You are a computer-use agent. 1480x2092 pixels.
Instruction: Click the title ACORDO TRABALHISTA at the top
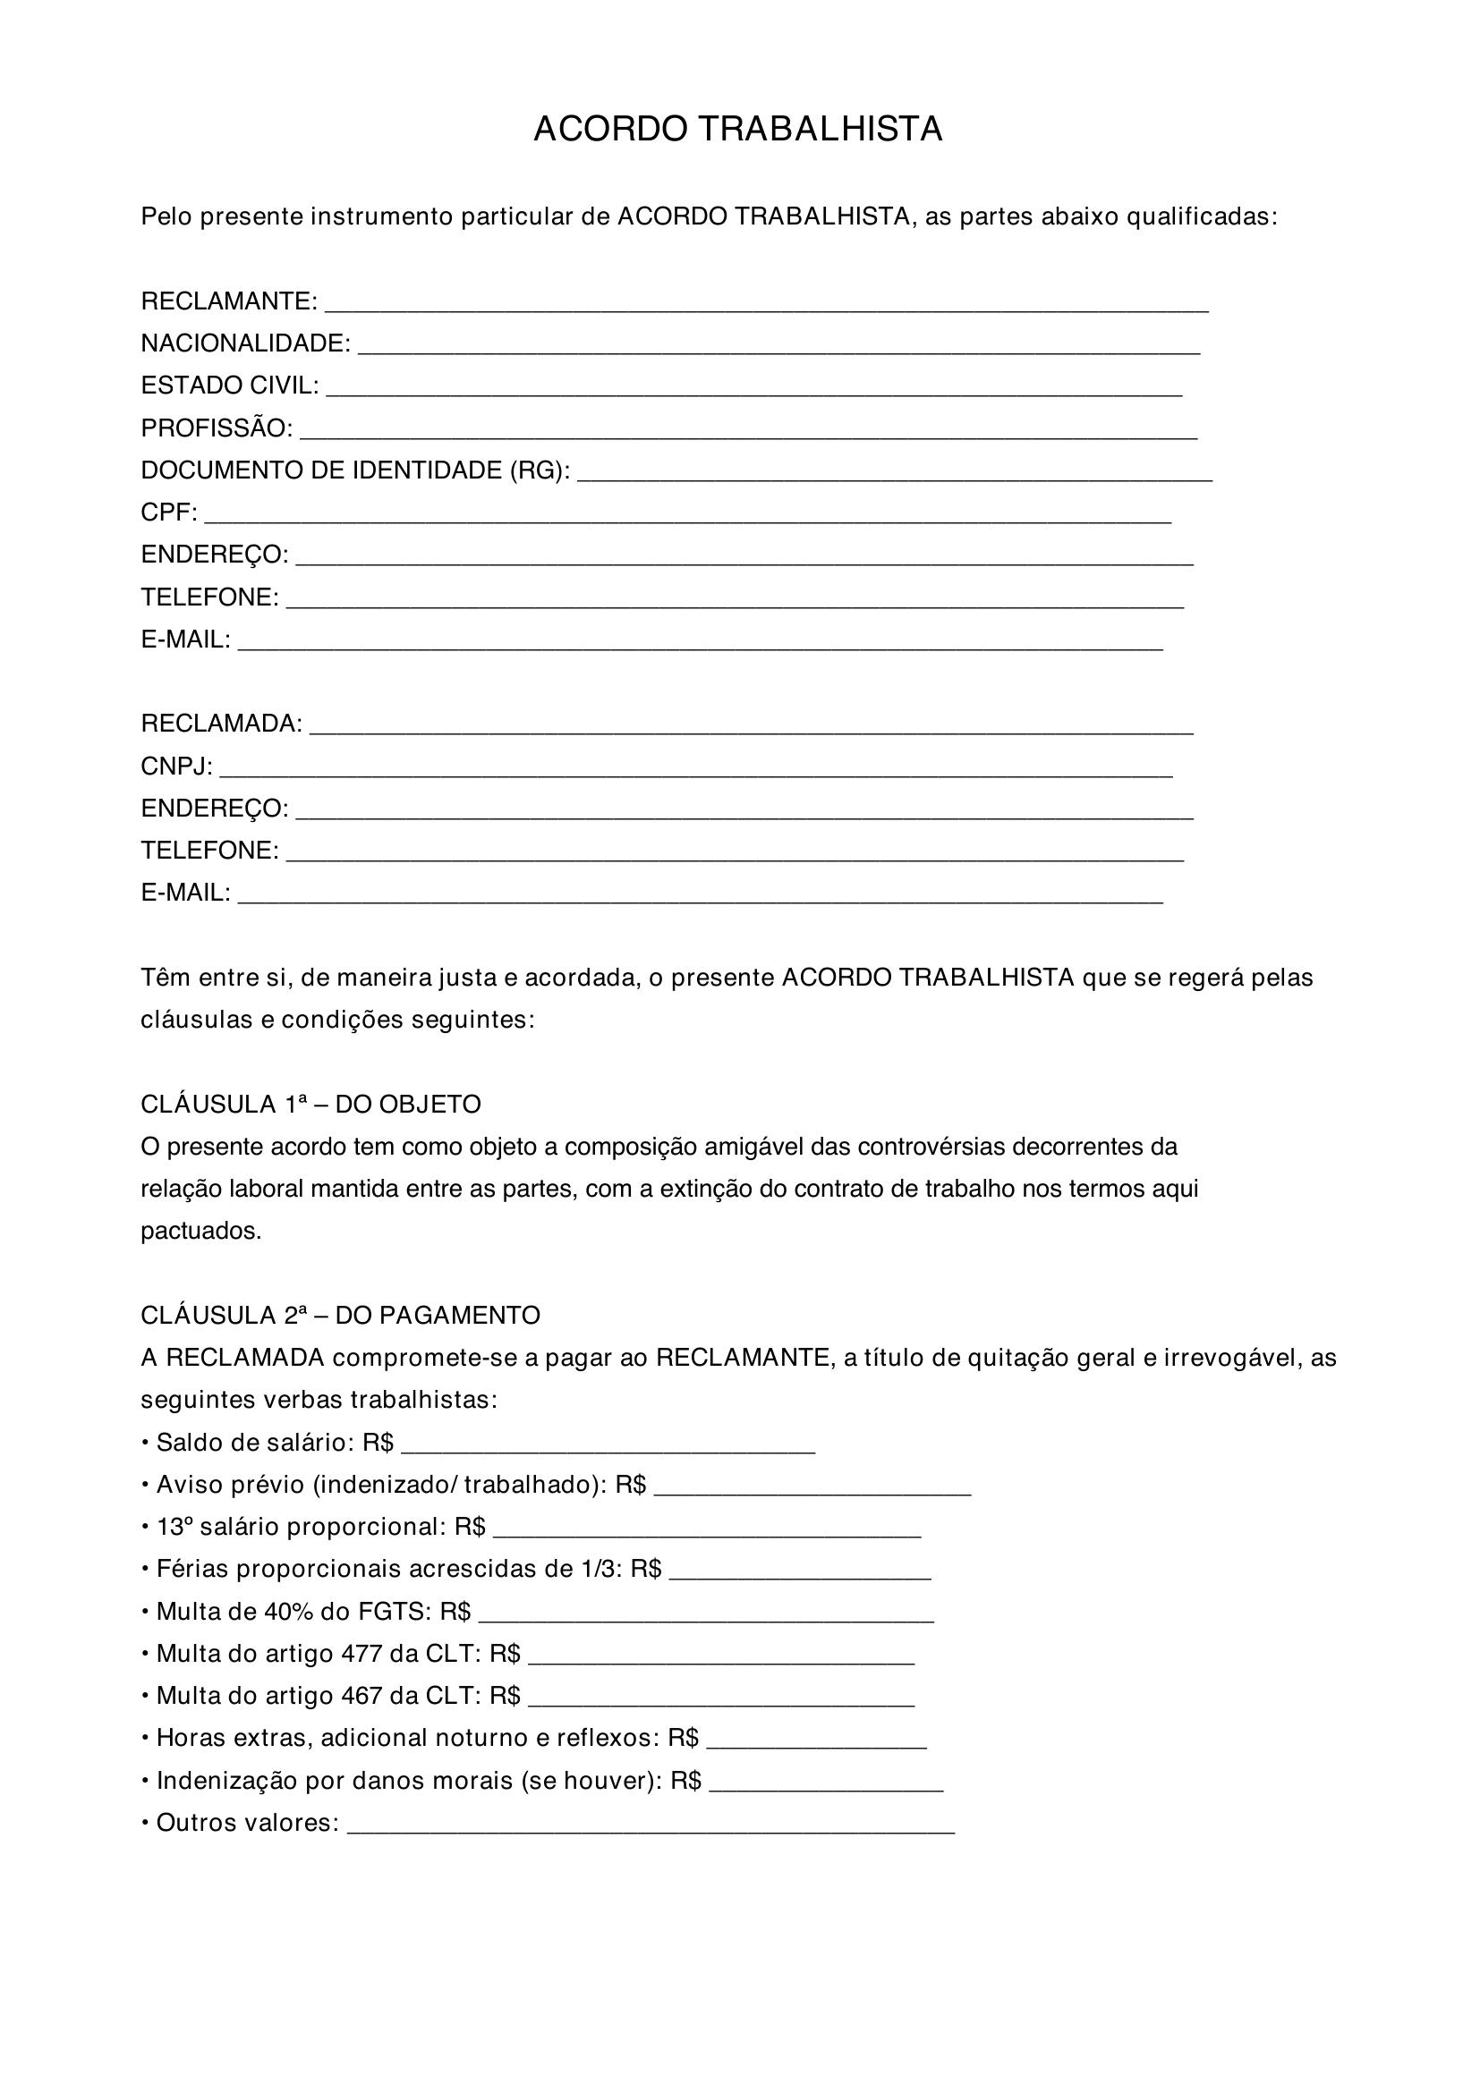point(738,131)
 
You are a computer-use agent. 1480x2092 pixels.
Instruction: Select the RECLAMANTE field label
point(229,301)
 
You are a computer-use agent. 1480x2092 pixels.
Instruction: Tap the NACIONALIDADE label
point(245,343)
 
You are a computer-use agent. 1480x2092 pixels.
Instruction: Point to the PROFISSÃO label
point(217,428)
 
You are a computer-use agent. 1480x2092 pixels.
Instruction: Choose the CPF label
point(168,513)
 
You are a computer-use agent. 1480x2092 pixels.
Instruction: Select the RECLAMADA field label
point(221,724)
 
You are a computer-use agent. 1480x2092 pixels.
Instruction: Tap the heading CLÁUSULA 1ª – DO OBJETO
point(310,1105)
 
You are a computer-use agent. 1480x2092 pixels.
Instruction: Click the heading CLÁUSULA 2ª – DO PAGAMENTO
point(340,1316)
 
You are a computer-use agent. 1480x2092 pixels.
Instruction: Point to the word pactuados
point(201,1232)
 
